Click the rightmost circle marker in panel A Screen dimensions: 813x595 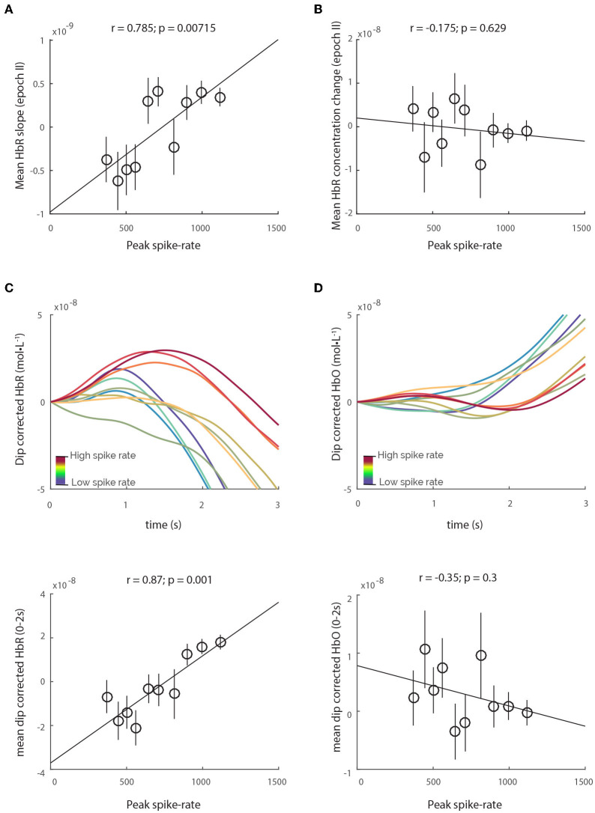pyautogui.click(x=220, y=97)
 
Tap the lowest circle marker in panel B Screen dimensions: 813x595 pyautogui.click(x=480, y=165)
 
